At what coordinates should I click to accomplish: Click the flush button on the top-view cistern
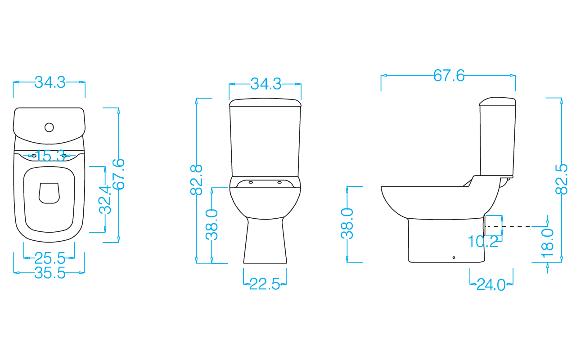49,127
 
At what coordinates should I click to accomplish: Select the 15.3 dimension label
50,156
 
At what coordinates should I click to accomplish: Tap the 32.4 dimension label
105,199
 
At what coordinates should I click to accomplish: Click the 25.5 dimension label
49,258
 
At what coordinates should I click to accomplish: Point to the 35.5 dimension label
49,273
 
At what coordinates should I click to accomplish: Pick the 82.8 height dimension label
197,180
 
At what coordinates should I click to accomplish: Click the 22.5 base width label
265,284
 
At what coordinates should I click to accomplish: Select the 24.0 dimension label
491,285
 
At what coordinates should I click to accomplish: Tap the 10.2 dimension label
483,242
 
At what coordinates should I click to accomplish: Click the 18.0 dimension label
548,243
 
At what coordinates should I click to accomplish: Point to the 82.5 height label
561,179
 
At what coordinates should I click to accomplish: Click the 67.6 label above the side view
449,76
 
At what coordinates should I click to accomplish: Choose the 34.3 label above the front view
265,84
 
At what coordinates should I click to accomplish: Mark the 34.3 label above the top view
50,82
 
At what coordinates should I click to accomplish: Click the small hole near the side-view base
454,257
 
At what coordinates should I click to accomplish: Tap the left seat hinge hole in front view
251,182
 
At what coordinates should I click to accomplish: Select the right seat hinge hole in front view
279,182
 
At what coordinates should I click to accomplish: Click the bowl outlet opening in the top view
49,193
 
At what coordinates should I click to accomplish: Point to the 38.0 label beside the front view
212,225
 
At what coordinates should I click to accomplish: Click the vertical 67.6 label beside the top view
118,174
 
